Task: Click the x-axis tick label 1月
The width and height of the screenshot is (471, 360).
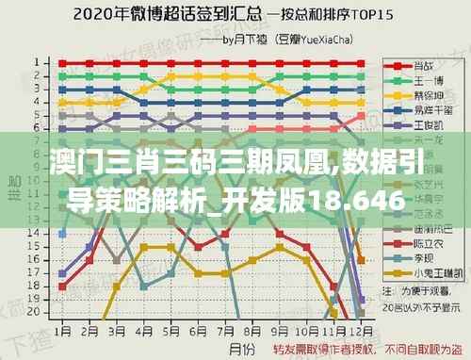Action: [62, 332]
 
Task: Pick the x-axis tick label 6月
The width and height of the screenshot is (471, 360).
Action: [198, 332]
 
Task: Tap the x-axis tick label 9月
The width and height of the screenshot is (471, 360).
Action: [280, 332]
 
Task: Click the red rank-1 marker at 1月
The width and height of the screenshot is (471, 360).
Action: [62, 63]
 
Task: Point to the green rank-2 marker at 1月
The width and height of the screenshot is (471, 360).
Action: [62, 76]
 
